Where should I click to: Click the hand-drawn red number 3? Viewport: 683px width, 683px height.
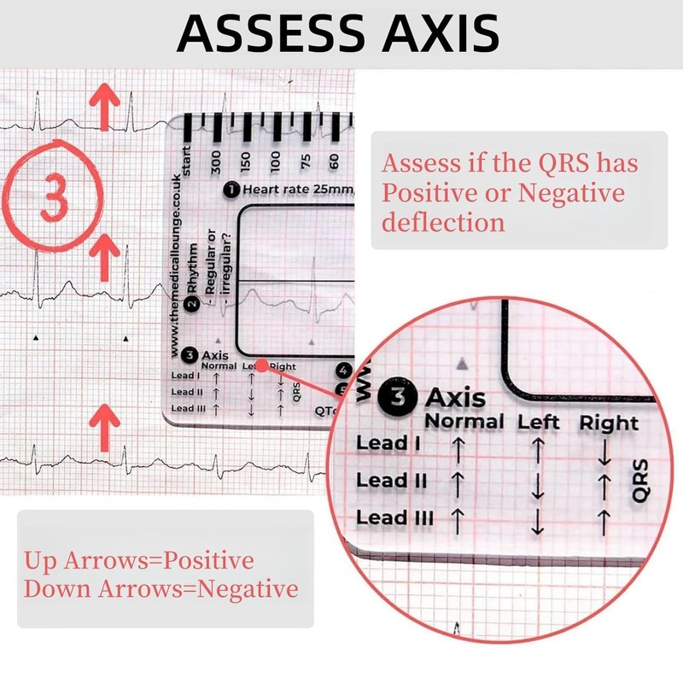[x=54, y=194]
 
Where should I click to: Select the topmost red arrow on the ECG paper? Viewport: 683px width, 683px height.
[x=105, y=106]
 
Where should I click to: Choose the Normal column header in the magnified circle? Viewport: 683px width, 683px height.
[x=464, y=421]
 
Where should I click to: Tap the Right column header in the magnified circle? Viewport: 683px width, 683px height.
[x=609, y=423]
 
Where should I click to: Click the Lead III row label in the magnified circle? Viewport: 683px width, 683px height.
[x=395, y=517]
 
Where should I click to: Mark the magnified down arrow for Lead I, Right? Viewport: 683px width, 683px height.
[x=605, y=452]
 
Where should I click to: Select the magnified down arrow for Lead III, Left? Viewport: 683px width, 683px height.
[x=537, y=520]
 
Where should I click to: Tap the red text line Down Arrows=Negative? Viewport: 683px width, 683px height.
[x=161, y=588]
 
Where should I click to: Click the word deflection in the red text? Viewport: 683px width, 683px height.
[x=442, y=223]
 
